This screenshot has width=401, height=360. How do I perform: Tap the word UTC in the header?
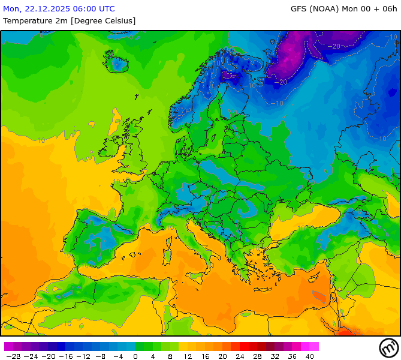tap(105, 9)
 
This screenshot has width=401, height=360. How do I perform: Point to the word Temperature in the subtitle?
tap(26, 20)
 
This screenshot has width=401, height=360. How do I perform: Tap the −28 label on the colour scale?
tap(13, 356)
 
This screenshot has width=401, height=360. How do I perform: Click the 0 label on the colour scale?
tap(135, 356)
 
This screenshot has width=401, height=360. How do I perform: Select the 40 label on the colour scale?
tap(310, 356)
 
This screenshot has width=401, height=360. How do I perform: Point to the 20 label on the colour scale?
tap(222, 356)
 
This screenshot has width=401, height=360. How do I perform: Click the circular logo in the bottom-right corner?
tap(388, 347)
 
